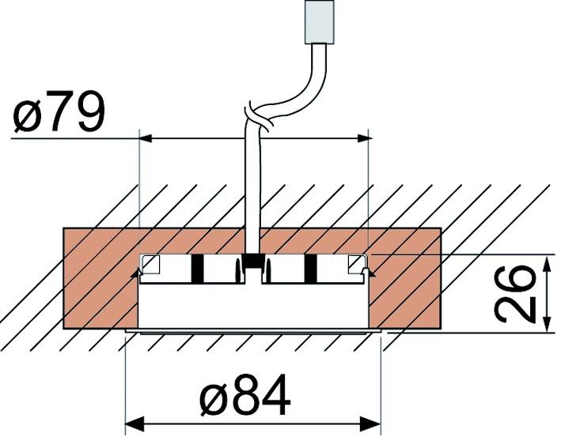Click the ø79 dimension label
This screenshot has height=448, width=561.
click(59, 114)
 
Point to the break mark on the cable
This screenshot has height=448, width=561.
click(258, 119)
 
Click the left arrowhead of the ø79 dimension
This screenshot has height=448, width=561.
click(147, 138)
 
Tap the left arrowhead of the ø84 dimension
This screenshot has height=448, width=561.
click(134, 424)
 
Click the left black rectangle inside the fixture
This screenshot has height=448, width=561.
click(197, 269)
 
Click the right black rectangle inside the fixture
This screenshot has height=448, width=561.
click(310, 269)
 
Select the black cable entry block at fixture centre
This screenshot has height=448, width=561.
click(253, 261)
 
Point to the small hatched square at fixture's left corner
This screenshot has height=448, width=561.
click(150, 264)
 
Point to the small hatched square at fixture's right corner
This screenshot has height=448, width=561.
click(357, 264)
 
